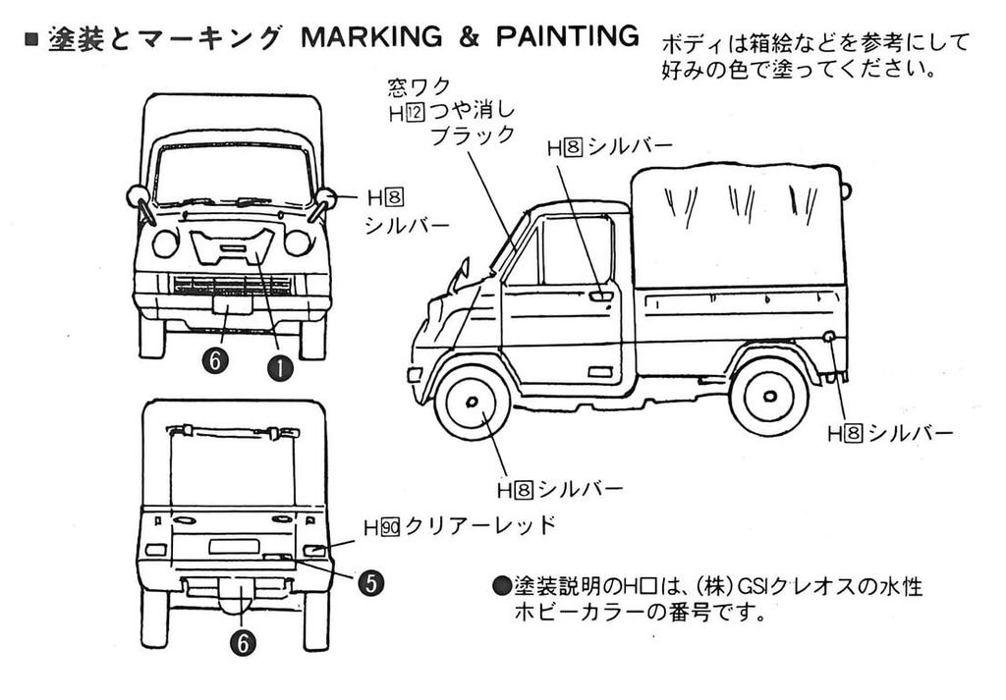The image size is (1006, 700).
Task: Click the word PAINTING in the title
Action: [567, 36]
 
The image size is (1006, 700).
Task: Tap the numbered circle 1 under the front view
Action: [280, 368]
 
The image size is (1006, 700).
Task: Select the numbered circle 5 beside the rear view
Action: [370, 583]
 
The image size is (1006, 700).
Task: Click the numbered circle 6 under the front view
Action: [215, 361]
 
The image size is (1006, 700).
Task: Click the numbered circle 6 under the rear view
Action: [243, 643]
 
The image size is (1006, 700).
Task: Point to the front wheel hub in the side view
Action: [473, 402]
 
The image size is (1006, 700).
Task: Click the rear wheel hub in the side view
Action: [770, 397]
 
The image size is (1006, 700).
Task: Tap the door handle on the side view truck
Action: [600, 296]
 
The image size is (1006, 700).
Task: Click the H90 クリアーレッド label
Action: [460, 526]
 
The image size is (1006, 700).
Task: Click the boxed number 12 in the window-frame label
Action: [416, 114]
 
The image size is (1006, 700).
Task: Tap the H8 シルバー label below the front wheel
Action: [560, 490]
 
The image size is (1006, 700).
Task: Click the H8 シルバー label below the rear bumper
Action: [890, 434]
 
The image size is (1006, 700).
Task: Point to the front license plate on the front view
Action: [232, 304]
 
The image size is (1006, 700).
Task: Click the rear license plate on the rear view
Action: [234, 546]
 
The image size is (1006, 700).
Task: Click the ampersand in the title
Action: [469, 37]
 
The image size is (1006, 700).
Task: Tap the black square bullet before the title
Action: [31, 39]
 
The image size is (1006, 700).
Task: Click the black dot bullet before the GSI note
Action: [501, 585]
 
